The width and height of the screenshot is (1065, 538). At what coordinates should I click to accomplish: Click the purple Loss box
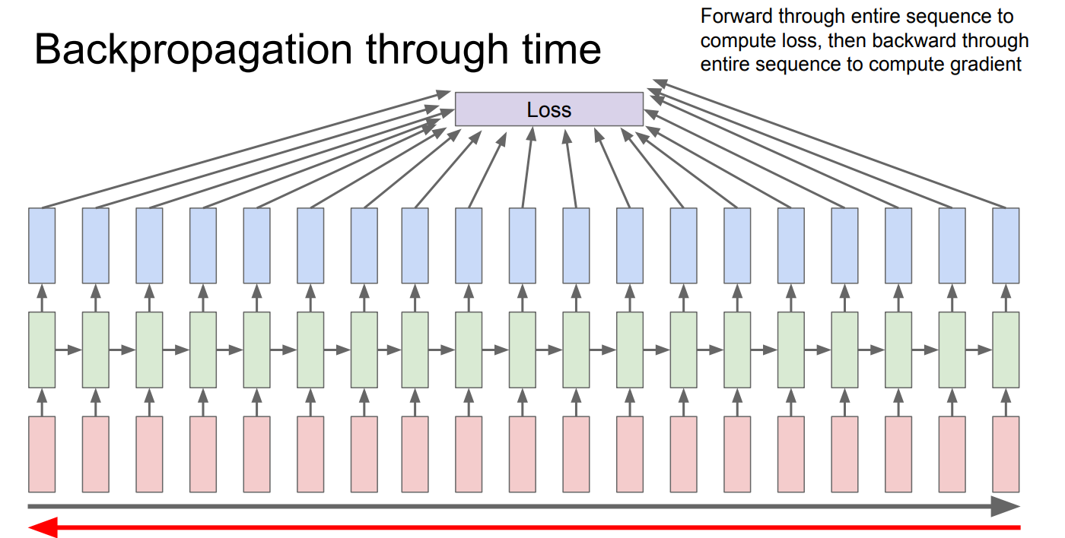pyautogui.click(x=549, y=109)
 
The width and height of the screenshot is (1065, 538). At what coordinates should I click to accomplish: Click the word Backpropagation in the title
pyautogui.click(x=193, y=51)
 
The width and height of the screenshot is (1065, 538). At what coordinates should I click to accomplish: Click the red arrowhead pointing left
pyautogui.click(x=43, y=527)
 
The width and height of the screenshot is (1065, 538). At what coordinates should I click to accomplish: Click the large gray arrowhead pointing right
pyautogui.click(x=1005, y=506)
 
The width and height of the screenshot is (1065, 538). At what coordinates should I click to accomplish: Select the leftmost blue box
pyautogui.click(x=42, y=245)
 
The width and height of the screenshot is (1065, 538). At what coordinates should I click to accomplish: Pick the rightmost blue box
pyautogui.click(x=1006, y=245)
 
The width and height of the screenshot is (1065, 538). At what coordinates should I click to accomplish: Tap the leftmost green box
pyautogui.click(x=42, y=350)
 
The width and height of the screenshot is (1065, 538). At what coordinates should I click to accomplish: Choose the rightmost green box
pyautogui.click(x=1006, y=350)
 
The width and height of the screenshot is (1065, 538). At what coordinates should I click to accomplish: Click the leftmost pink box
pyautogui.click(x=42, y=454)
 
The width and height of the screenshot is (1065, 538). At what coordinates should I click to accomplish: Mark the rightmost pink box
pyautogui.click(x=1006, y=454)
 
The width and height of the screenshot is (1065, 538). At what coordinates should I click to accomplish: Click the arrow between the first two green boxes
pyautogui.click(x=68, y=350)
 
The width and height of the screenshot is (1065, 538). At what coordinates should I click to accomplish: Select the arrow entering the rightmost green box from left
pyautogui.click(x=979, y=350)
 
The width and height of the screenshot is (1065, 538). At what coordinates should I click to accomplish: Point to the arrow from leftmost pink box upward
pyautogui.click(x=42, y=402)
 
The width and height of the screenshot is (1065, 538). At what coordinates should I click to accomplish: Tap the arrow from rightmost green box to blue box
pyautogui.click(x=1006, y=298)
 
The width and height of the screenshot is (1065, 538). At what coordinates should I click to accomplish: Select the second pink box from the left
pyautogui.click(x=96, y=454)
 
